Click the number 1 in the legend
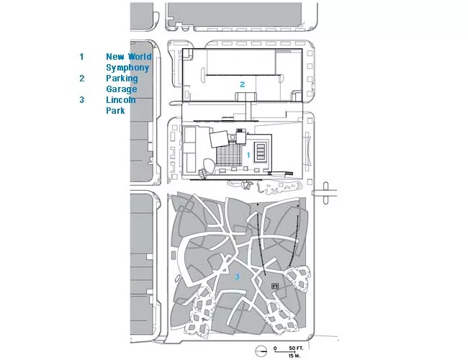81,56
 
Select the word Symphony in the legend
127,68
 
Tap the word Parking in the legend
122,78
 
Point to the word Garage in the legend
122,89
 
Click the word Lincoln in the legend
121,99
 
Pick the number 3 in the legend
82,99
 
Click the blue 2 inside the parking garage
243,84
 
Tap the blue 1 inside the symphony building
248,155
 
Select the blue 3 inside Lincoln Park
238,276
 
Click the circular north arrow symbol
261,351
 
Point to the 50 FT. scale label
296,348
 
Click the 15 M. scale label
294,356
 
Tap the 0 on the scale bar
275,348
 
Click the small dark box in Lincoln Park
275,287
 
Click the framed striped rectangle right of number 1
261,152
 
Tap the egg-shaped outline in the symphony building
209,166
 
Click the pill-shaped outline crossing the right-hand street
325,193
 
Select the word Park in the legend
115,110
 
